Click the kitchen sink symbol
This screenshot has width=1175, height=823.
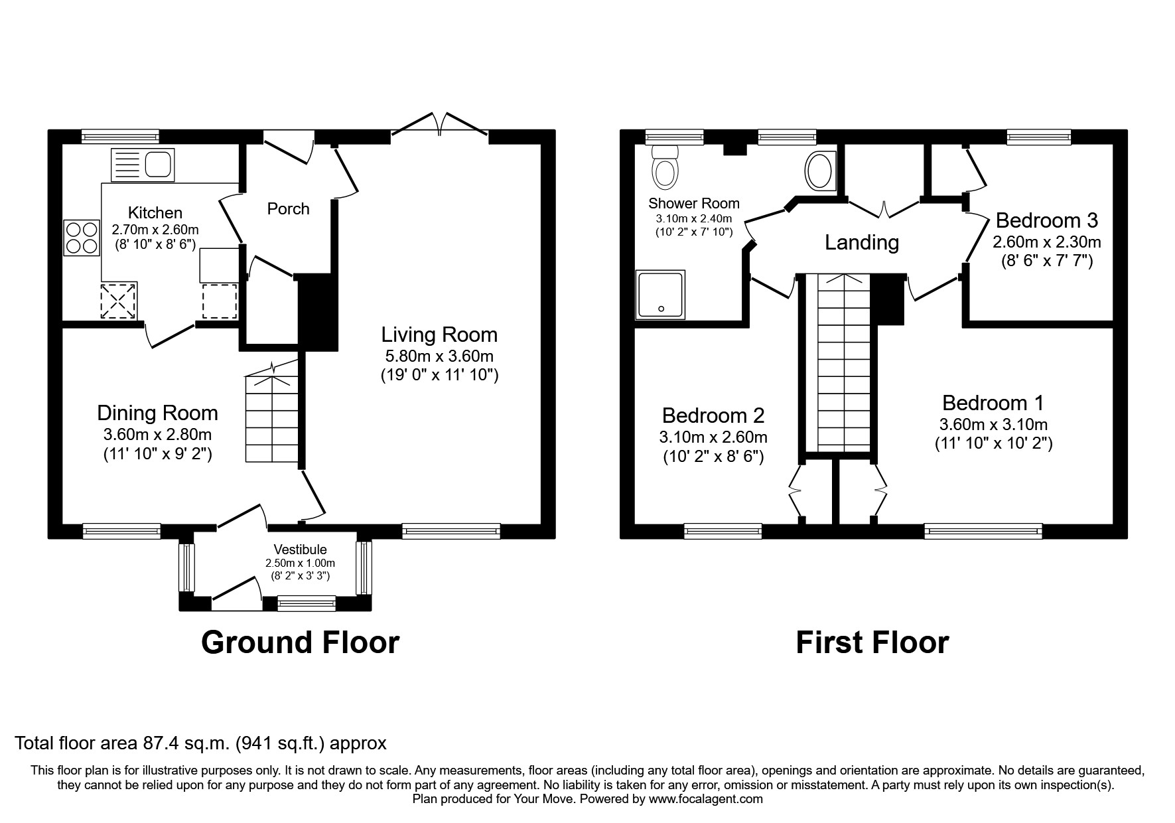(143, 164)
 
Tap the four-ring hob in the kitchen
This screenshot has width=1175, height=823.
(81, 238)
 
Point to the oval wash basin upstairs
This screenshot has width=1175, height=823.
(820, 169)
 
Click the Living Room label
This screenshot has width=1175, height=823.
(439, 335)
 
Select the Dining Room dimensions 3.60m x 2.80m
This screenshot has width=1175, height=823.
(158, 435)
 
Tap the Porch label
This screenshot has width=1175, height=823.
(288, 209)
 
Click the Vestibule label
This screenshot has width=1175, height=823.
(301, 550)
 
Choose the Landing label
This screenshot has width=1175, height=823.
(862, 243)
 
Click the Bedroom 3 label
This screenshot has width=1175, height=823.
(1047, 220)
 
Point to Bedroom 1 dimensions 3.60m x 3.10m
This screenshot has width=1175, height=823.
(993, 424)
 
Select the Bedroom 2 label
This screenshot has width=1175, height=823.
(713, 415)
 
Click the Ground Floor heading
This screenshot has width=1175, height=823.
(300, 642)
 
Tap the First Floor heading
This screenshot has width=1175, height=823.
(872, 642)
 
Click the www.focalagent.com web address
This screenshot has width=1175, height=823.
(706, 799)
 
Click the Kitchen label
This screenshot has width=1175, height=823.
(155, 213)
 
